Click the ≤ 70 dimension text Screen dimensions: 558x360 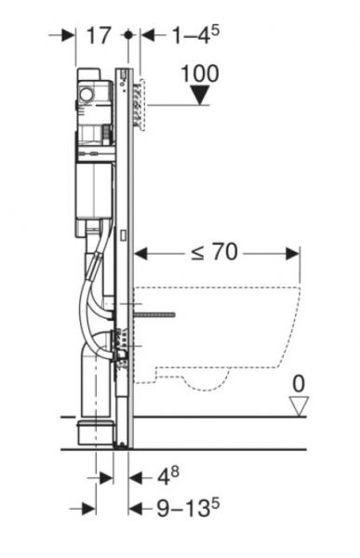pyautogui.click(x=215, y=252)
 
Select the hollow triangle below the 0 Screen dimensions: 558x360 pyautogui.click(x=298, y=405)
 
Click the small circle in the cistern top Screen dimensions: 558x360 pyautogui.click(x=87, y=94)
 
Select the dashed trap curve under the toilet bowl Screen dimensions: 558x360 pyautogui.click(x=199, y=381)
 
